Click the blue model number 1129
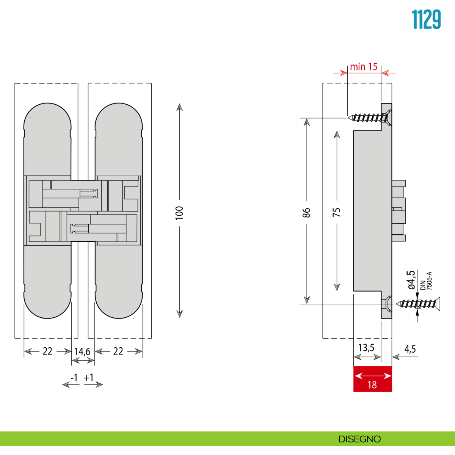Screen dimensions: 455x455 pos(426,20)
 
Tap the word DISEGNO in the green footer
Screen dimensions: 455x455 pos(359,439)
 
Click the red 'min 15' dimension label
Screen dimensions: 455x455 pos(364,67)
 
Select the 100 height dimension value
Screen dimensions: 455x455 pos(179,213)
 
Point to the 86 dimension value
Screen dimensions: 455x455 pos(307,213)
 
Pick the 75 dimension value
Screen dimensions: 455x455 pos(337,212)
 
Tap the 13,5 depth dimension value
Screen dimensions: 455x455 pos(366,348)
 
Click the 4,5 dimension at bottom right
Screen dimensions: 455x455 pos(410,349)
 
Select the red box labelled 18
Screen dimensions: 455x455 pos(372,379)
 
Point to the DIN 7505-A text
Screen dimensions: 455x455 pos(426,281)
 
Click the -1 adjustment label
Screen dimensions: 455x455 pos(74,378)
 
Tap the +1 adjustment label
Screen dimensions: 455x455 pos(89,378)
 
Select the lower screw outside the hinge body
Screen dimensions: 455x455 pos(419,304)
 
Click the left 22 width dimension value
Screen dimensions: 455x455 pos(47,351)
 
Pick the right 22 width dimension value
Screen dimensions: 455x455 pos(118,351)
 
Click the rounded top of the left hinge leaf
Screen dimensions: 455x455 pos(47,116)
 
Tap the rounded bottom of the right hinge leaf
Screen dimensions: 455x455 pos(119,305)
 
